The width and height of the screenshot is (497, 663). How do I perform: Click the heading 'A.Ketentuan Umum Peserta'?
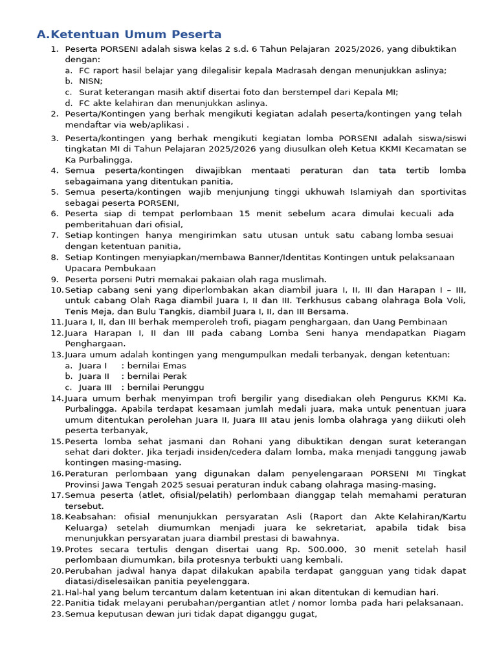tap(129, 34)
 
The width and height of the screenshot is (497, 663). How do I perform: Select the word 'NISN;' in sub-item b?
tap(91, 81)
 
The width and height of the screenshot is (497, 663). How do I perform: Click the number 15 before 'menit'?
tap(245, 214)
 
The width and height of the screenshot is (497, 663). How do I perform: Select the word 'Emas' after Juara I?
tap(173, 366)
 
